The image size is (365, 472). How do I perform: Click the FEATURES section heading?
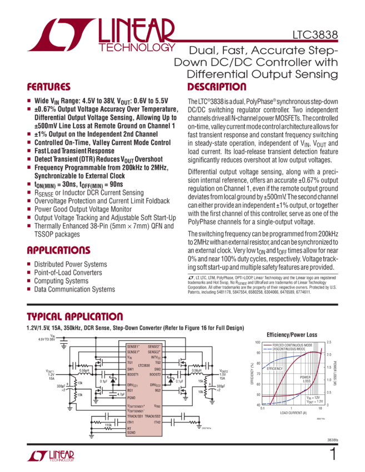49,87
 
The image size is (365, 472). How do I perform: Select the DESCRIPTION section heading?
217,87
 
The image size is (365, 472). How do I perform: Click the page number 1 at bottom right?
333,455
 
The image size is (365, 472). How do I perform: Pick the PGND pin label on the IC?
133,398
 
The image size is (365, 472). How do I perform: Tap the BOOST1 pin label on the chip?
134,375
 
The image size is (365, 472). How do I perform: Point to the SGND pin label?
132,433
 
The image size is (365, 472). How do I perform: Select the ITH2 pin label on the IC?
157,422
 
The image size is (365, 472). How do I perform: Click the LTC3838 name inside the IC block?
143,365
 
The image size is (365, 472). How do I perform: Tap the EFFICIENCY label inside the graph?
275,368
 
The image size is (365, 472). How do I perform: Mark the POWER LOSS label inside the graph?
306,379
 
